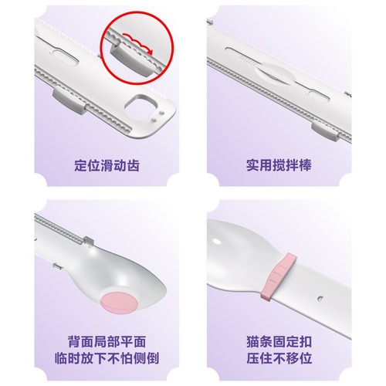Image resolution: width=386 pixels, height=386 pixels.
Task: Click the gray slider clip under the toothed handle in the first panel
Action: click(63, 100)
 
